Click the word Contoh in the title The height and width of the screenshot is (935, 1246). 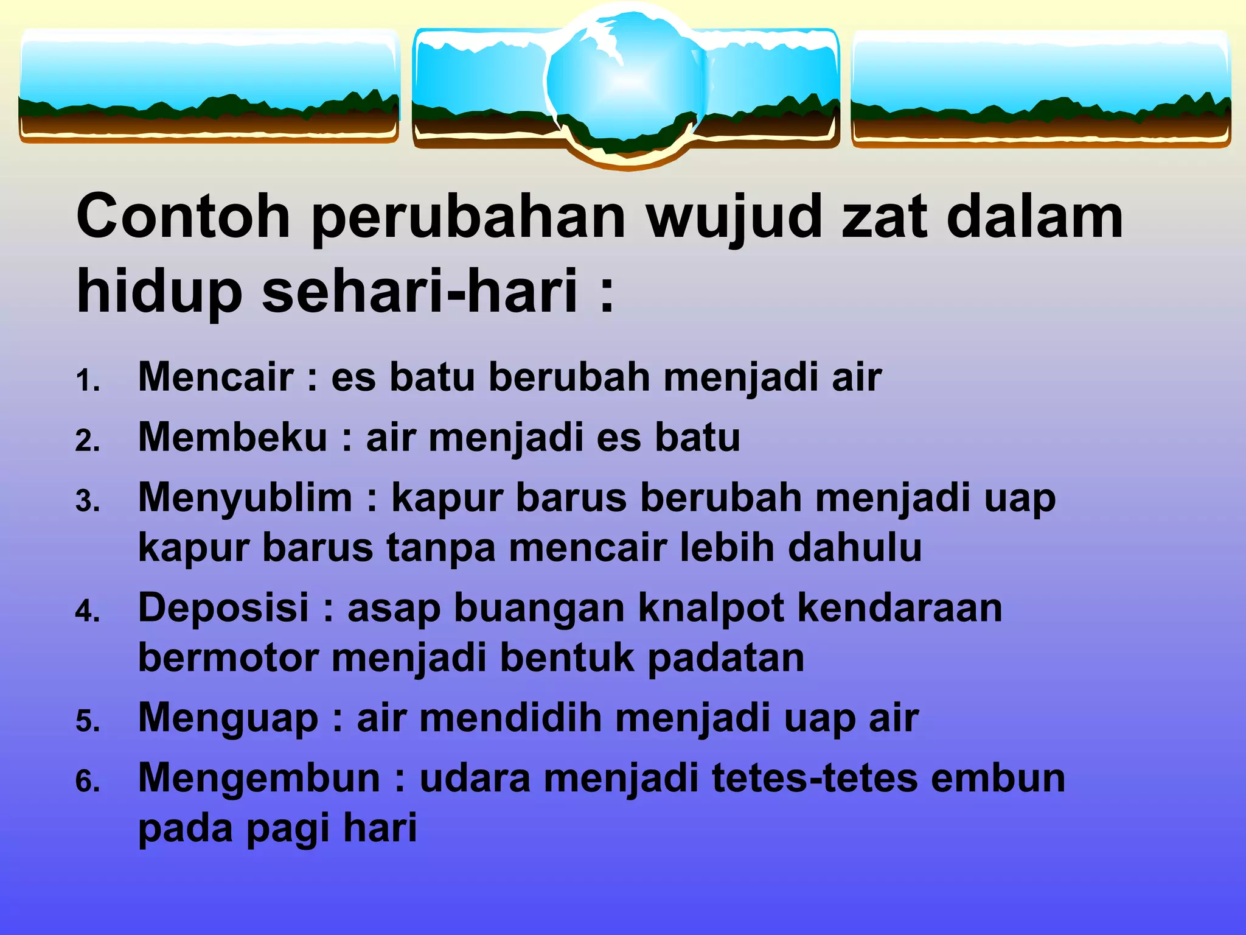coord(183,217)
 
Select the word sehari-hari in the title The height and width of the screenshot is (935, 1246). coord(420,291)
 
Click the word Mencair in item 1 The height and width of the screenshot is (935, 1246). coord(216,377)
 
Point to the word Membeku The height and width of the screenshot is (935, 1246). coord(233,437)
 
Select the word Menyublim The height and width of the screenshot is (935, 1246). coord(245,498)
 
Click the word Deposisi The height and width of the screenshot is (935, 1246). coord(224,608)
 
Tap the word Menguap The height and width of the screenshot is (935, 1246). coord(228,718)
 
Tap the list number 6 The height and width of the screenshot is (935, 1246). coord(86,782)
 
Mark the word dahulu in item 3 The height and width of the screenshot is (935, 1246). coord(855,547)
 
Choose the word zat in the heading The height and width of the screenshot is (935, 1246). coord(884,217)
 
